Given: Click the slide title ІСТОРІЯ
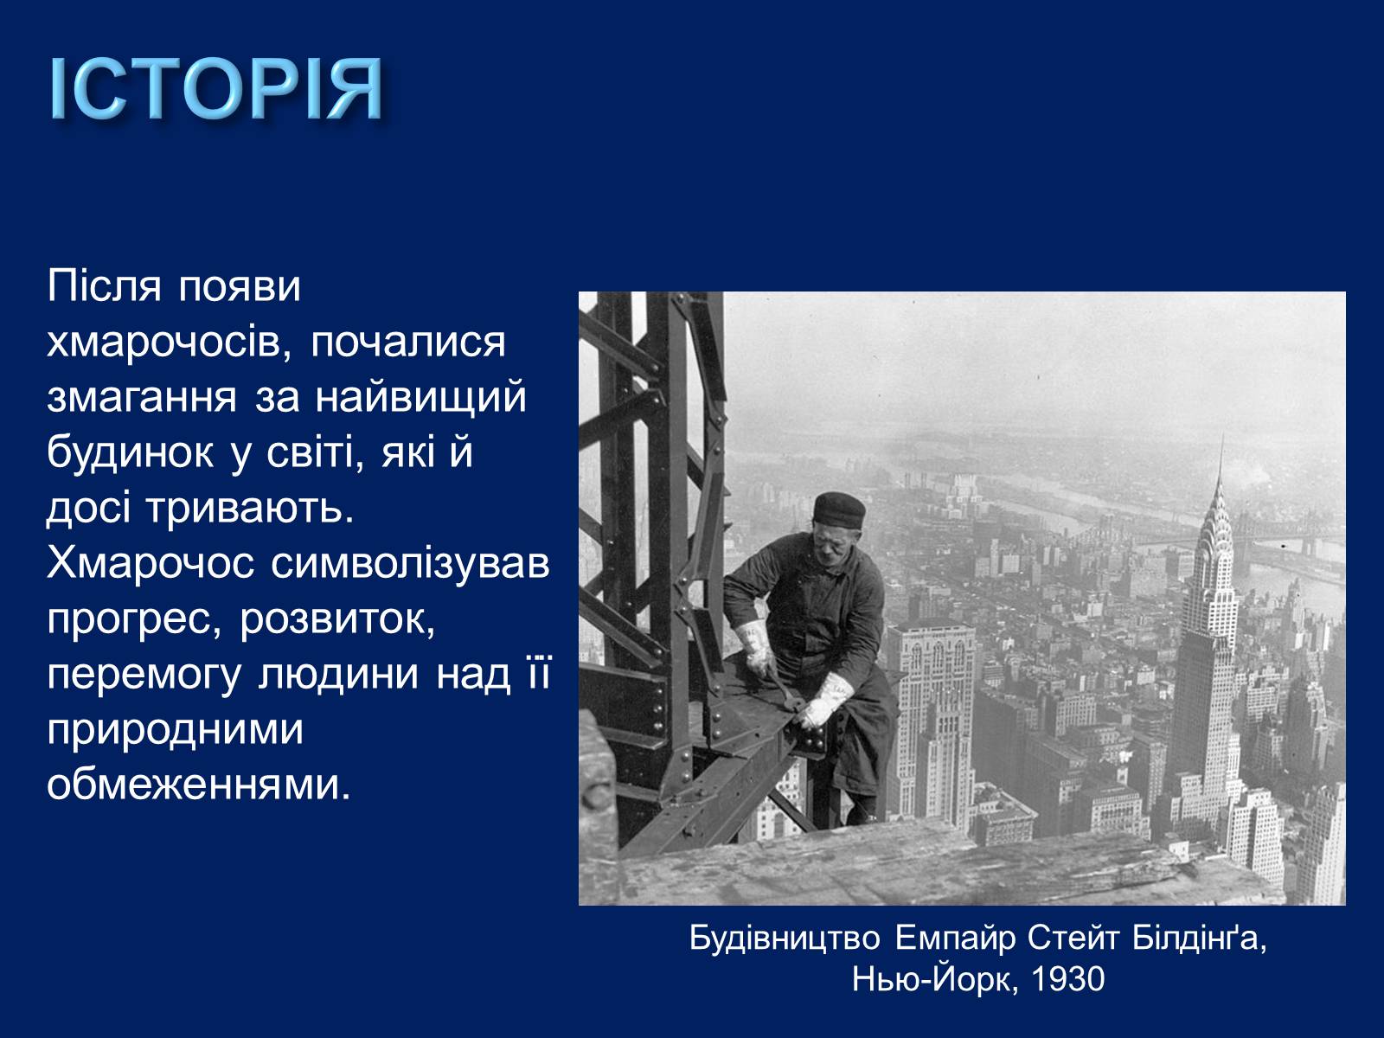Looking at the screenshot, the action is [215, 89].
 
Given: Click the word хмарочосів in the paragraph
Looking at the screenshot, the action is [170, 343].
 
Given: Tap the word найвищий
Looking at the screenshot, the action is [420, 398].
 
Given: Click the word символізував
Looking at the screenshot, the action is [411, 564].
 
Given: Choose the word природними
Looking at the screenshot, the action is [176, 731].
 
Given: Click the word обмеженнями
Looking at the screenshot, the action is [199, 785].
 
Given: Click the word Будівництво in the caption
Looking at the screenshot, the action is [785, 939].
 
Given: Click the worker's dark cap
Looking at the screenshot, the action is [838, 509].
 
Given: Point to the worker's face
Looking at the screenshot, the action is [832, 543].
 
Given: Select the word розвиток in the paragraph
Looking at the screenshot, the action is [337, 620].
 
